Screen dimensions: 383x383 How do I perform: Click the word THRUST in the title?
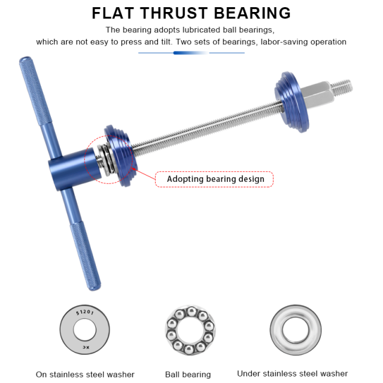pos(174,13)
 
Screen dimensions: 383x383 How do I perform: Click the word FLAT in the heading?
pos(113,13)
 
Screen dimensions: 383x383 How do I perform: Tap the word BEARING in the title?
pos(253,13)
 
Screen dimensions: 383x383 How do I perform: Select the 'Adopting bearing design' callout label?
pos(214,179)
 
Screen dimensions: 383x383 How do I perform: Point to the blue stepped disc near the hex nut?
pos(291,102)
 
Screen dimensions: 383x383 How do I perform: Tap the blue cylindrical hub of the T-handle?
pos(74,169)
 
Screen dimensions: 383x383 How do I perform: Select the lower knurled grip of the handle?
pos(85,256)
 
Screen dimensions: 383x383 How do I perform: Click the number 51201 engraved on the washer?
pos(85,312)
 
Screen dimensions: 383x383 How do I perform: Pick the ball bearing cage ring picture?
pos(190,330)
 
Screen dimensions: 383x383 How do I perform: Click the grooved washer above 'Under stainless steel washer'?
pos(296,330)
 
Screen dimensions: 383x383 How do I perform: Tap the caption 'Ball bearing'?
pos(188,374)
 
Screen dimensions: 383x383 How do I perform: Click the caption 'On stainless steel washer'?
pos(85,374)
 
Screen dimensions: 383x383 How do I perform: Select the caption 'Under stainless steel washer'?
pos(293,373)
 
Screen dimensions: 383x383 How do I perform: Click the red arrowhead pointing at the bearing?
pos(133,169)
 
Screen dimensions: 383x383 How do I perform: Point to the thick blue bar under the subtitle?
pos(190,53)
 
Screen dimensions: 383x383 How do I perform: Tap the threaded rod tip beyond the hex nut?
pos(342,87)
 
